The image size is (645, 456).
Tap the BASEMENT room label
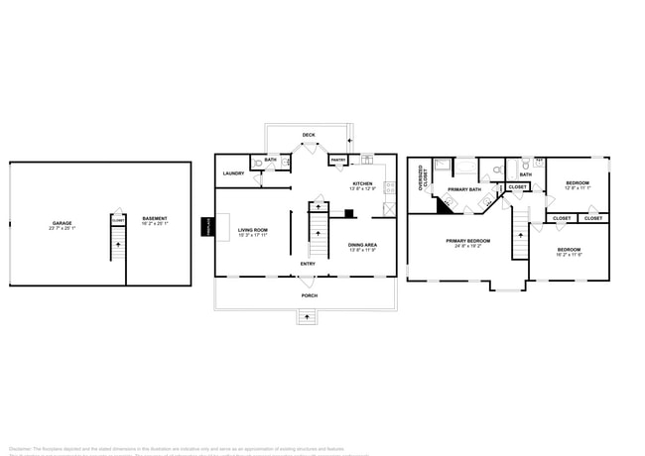tap(155, 218)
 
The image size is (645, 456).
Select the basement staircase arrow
tap(118, 243)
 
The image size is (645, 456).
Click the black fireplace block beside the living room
tap(208, 227)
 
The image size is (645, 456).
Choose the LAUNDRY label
tap(233, 173)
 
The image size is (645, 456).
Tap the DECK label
tap(309, 135)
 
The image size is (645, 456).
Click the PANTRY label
tap(337, 160)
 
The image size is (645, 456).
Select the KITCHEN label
tap(363, 183)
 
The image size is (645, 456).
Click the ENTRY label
tap(309, 263)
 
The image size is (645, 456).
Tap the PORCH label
tap(310, 295)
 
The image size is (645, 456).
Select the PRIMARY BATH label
tap(463, 189)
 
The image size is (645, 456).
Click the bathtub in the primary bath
tap(464, 167)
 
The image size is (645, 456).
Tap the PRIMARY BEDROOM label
tap(467, 240)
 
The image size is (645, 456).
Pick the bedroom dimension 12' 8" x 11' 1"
tap(578, 188)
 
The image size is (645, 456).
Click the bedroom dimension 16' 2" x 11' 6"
tap(569, 255)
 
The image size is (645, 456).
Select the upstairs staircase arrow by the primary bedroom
tap(519, 236)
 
